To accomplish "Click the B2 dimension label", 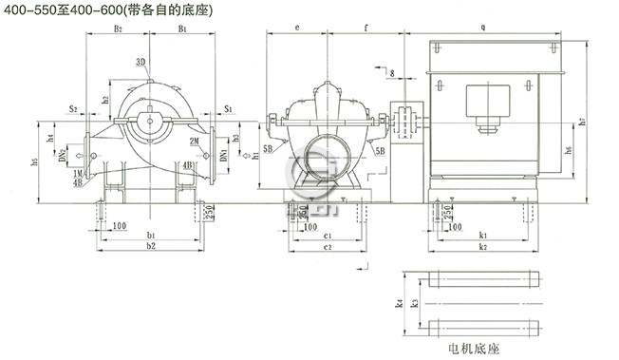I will (118, 30).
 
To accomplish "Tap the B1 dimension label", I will (181, 30).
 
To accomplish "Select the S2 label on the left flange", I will (72, 109).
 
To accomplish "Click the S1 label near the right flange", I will (228, 109).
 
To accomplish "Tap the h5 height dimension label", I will (35, 161).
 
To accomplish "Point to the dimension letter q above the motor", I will (482, 29).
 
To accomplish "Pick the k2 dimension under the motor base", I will (483, 245).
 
